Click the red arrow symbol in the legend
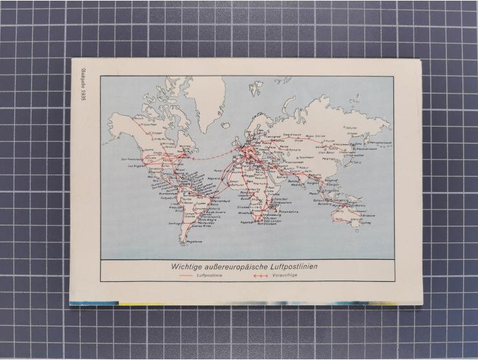click(x=260, y=275)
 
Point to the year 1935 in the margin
click(x=83, y=96)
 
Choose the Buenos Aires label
click(x=202, y=227)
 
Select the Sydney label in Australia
click(x=366, y=223)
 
